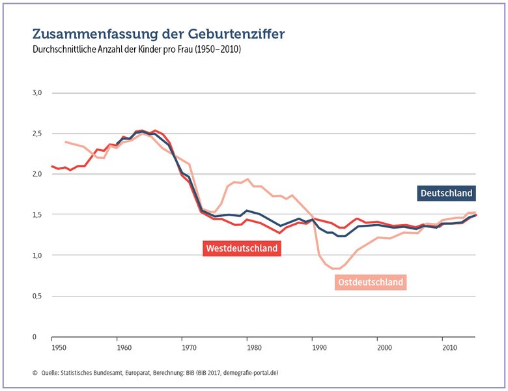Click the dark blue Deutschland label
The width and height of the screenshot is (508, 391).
(446, 194)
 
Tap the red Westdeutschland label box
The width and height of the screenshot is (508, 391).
(242, 248)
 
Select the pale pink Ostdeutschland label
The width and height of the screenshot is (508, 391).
(371, 282)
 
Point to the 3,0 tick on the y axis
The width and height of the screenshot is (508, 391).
(37, 93)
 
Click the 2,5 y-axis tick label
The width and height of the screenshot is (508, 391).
(37, 134)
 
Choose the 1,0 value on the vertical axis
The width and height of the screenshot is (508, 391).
(37, 255)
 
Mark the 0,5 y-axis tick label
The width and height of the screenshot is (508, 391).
(37, 297)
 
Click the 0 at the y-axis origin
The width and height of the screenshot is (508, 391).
(35, 337)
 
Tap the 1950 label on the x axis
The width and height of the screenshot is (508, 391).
(59, 348)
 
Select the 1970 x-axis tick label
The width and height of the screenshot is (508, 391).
(189, 348)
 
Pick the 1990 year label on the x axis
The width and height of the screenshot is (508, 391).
(319, 348)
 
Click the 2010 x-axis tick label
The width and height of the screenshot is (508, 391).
(449, 348)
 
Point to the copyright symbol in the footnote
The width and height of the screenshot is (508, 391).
(35, 373)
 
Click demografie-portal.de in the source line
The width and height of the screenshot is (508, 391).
(250, 373)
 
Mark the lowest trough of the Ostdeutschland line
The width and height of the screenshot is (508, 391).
(335, 268)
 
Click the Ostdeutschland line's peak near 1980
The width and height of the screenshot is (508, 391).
(247, 179)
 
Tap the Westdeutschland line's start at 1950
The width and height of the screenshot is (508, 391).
(52, 166)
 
